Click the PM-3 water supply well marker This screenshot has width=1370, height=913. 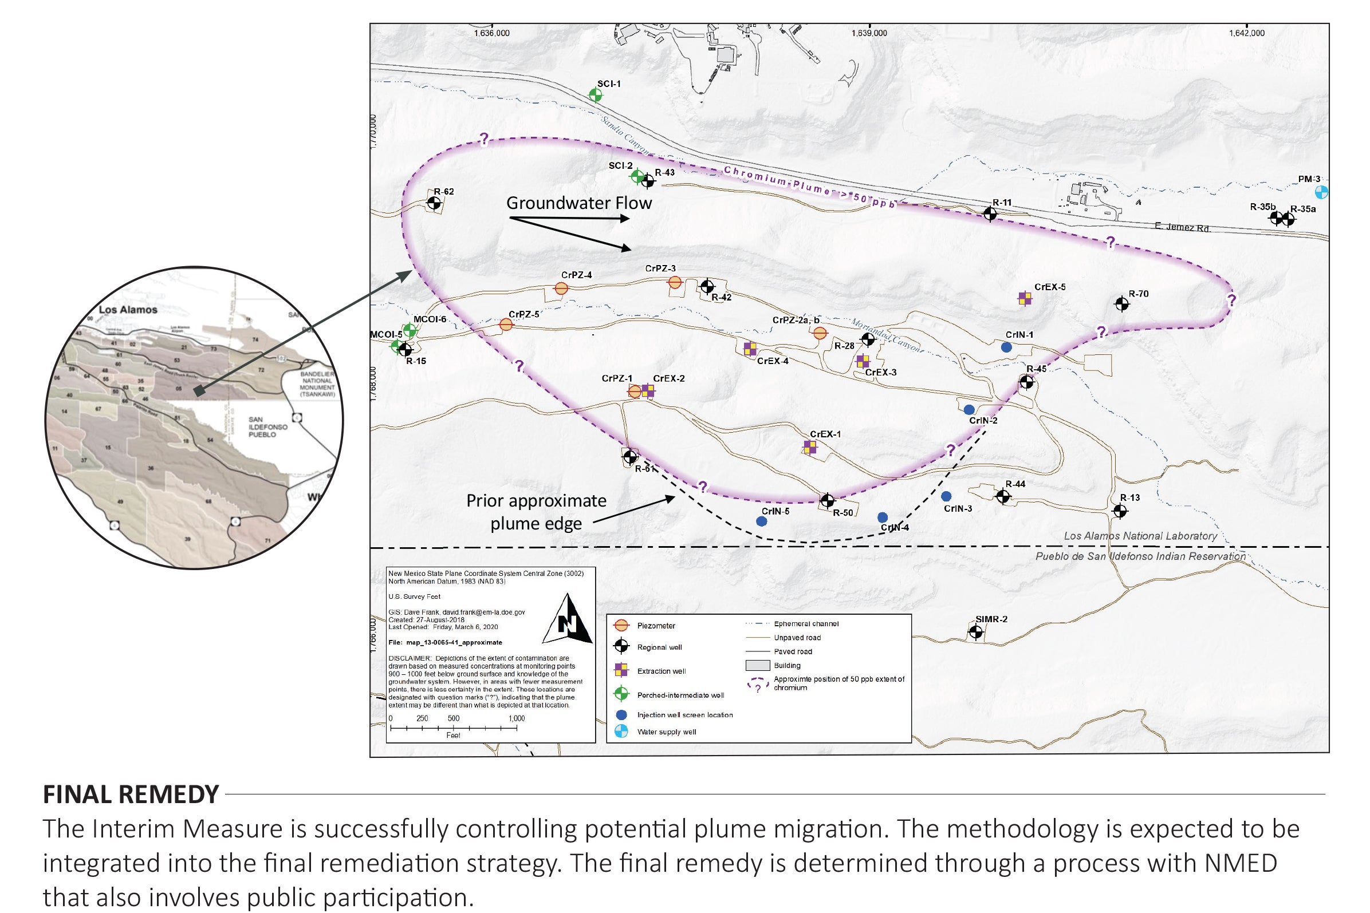[1322, 192]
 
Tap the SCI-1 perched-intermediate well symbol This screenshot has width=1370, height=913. [595, 95]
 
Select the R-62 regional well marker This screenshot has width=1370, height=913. [434, 203]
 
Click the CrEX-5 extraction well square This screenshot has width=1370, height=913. [1025, 299]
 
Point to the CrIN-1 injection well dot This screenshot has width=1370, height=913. [1006, 347]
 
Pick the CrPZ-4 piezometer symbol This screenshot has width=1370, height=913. [561, 288]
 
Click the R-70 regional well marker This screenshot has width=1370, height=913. [1121, 303]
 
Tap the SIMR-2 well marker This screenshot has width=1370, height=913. [975, 631]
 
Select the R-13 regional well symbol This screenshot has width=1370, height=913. [1120, 511]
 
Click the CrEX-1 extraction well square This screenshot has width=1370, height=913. [810, 447]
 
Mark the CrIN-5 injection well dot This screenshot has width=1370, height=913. [761, 521]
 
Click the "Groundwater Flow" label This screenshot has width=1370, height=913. [579, 203]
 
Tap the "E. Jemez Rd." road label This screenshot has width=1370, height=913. [1183, 227]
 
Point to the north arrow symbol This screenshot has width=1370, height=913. [568, 619]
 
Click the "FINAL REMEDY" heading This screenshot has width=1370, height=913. [131, 794]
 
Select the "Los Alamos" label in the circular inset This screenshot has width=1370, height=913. [128, 310]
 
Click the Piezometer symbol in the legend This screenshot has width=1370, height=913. [622, 625]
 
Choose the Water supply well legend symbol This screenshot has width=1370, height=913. [622, 732]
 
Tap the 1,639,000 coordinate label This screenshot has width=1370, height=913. [869, 33]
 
